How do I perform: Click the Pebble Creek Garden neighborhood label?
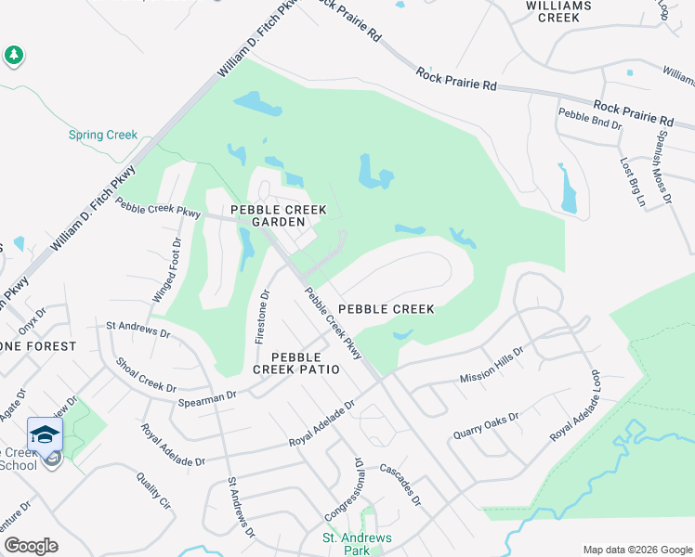pyautogui.click(x=266, y=215)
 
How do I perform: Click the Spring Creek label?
pyautogui.click(x=103, y=135)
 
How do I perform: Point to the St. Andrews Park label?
pyautogui.click(x=357, y=544)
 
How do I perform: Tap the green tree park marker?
pyautogui.click(x=13, y=56)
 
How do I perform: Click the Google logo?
pyautogui.click(x=32, y=545)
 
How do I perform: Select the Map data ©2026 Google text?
pyautogui.click(x=636, y=550)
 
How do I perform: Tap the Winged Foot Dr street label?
pyautogui.click(x=168, y=270)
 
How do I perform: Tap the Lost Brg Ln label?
pyautogui.click(x=634, y=182)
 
